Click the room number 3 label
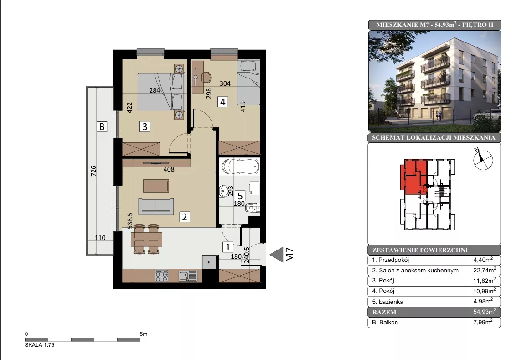point(145,126)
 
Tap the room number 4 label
point(222,102)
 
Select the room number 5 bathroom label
point(240,196)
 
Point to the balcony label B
point(102,126)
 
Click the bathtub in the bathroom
point(240,166)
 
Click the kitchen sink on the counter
point(188,276)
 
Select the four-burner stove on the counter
point(161,276)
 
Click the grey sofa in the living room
point(156,206)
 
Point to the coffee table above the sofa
point(156,186)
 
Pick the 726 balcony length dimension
point(93,171)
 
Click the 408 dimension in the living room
point(169,169)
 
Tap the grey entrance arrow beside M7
point(277,255)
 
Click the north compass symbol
point(483,160)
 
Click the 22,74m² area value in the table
point(485,270)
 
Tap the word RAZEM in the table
point(384,312)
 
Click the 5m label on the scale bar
point(144,334)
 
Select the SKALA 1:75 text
point(40,344)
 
